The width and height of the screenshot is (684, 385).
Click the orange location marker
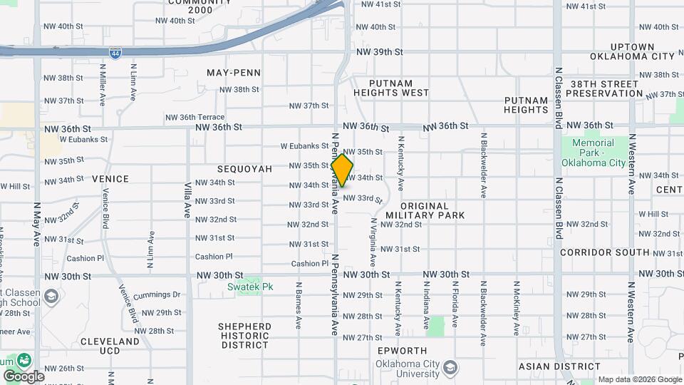[342, 170]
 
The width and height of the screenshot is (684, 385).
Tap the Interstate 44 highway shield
[115, 53]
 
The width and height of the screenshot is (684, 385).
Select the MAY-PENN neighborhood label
[234, 73]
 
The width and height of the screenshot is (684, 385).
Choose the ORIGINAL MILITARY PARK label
[425, 210]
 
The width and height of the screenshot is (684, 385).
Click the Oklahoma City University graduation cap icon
[450, 367]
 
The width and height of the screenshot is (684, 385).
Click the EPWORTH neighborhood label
[403, 351]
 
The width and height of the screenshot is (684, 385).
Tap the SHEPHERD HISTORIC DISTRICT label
[244, 336]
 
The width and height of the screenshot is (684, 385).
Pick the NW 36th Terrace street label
[195, 118]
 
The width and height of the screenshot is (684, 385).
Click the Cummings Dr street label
[157, 294]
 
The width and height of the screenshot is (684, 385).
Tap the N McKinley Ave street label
[516, 302]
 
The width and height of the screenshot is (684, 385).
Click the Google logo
[23, 376]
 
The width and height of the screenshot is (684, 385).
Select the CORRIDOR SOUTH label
[604, 252]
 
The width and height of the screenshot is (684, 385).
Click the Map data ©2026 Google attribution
[639, 379]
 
